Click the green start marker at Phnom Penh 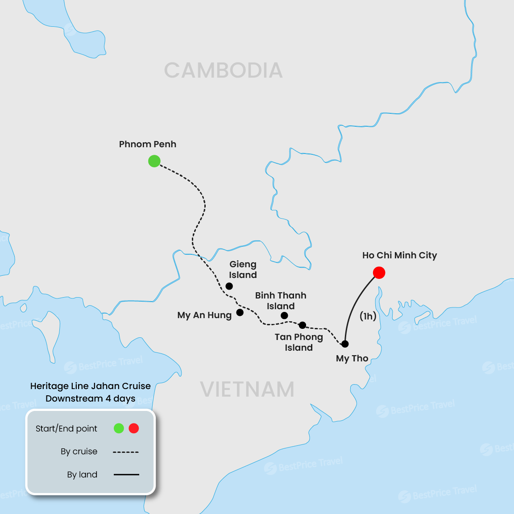click(154, 161)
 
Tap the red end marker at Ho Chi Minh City click(379, 273)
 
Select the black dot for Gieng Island click(229, 286)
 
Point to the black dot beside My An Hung click(240, 312)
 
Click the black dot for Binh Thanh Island click(284, 315)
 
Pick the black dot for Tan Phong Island click(303, 325)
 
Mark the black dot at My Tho click(345, 344)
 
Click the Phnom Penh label click(148, 144)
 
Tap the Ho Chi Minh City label click(399, 255)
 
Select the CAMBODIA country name click(223, 70)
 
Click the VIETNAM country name click(247, 390)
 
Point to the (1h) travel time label click(368, 316)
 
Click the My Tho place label click(352, 358)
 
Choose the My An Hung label click(204, 315)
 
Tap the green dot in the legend click(119, 428)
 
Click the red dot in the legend click(134, 428)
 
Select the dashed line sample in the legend click(126, 452)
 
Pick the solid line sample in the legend click(126, 475)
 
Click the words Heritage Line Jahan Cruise click(91, 386)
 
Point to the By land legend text click(82, 475)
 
